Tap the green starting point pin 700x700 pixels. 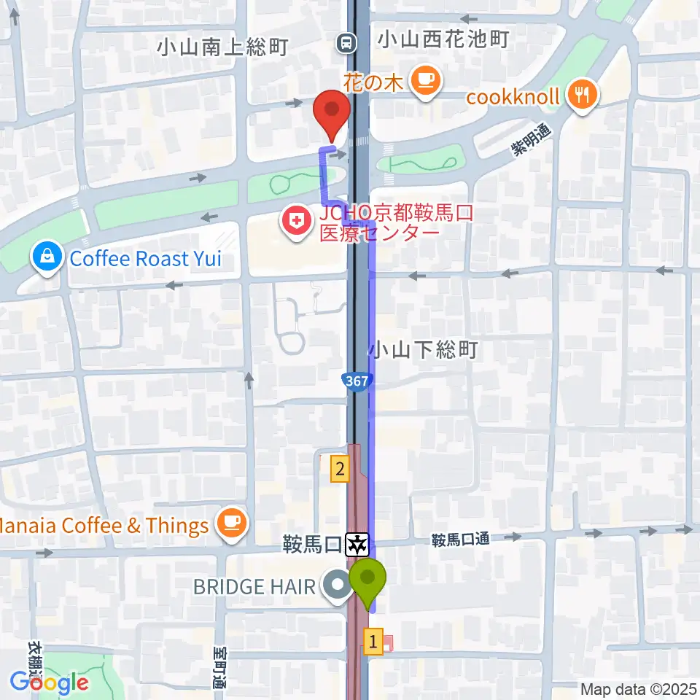coord(367,579)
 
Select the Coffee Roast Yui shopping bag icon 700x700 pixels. coord(47,258)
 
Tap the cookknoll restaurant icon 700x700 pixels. coord(581,96)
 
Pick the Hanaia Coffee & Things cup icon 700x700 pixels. coord(232,525)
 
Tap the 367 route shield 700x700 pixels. coord(357,380)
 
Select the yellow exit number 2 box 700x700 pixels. coord(339,468)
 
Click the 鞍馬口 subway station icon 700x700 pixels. coord(358,543)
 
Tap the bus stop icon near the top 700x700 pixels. coord(346,43)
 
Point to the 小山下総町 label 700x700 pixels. coord(423,350)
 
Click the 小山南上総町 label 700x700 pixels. coord(223,47)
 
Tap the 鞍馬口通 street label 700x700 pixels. coord(459,540)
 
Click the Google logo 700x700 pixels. coord(50,683)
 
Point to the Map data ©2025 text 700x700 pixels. coord(639,689)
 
